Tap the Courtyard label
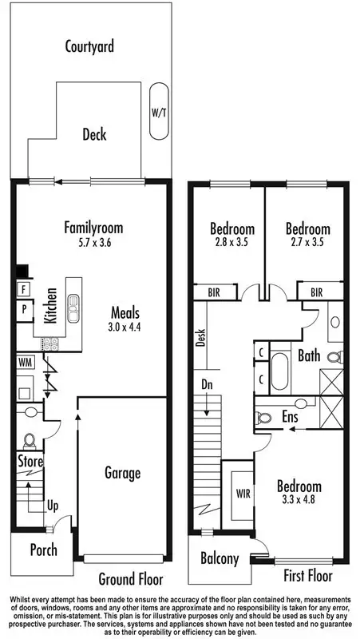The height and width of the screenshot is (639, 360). (x=89, y=46)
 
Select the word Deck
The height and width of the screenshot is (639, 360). (x=94, y=134)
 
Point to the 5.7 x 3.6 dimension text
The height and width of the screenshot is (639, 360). (x=94, y=242)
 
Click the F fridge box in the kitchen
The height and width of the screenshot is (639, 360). (x=24, y=288)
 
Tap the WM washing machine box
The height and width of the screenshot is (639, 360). (x=25, y=362)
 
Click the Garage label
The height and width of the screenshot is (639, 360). (x=122, y=473)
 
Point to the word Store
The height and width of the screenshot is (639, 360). (x=30, y=462)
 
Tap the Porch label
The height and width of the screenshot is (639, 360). (x=44, y=550)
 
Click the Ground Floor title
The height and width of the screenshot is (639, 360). (x=130, y=578)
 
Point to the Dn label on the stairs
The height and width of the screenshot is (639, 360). (x=206, y=383)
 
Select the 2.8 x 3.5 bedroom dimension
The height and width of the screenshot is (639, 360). (x=232, y=242)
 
